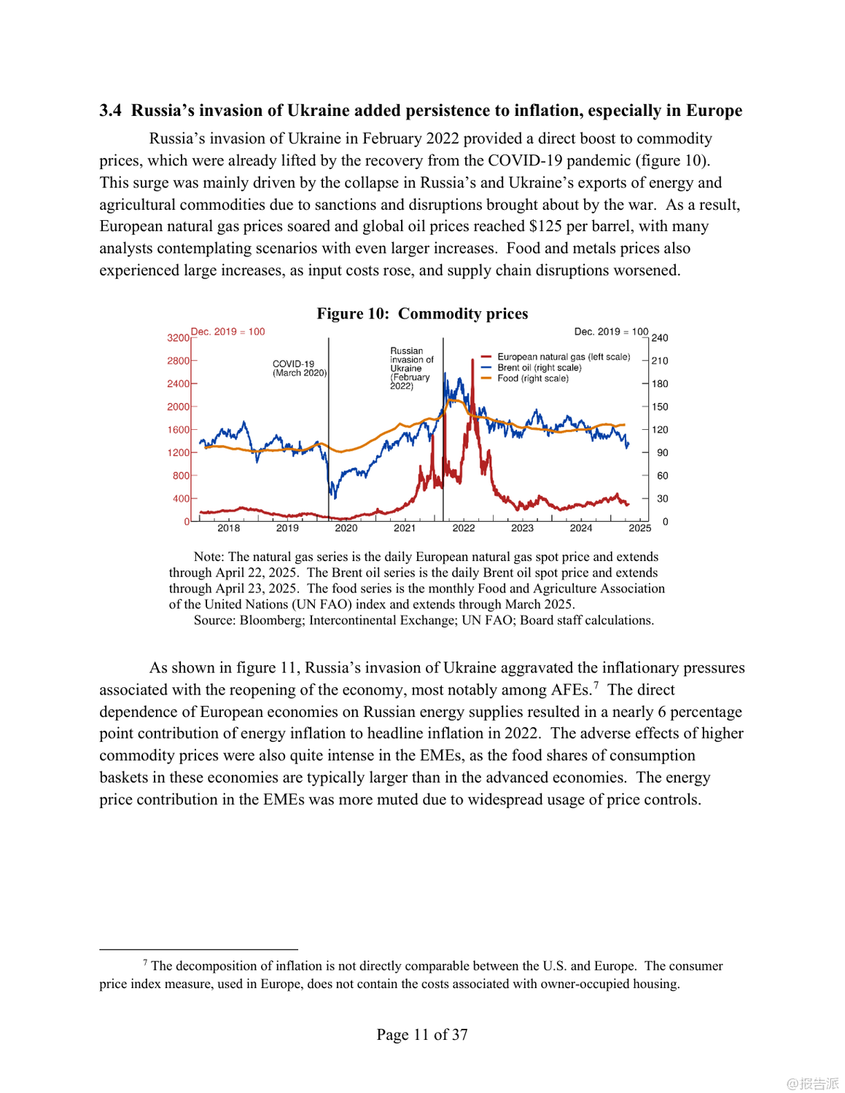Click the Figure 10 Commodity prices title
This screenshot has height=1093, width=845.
click(422, 313)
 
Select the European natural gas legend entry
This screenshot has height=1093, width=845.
click(563, 357)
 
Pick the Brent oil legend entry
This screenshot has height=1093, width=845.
click(539, 368)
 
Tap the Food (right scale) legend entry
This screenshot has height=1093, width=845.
click(532, 378)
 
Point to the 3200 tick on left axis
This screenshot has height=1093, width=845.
click(178, 338)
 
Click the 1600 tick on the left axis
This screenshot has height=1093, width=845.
click(178, 430)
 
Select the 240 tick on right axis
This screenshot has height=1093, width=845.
click(660, 338)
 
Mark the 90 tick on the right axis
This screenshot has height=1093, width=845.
click(662, 453)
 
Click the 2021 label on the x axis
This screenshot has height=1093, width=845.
click(405, 528)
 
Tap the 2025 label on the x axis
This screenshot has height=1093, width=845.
click(639, 528)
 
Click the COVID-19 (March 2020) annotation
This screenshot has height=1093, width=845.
click(299, 368)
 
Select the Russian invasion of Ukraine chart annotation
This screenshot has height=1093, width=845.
click(411, 368)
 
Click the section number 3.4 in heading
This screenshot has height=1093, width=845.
click(110, 111)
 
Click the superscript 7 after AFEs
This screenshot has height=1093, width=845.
click(596, 685)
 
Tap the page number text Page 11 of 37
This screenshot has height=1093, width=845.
click(422, 1035)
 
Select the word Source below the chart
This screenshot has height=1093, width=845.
click(213, 621)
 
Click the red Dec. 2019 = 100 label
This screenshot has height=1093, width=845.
click(227, 332)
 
